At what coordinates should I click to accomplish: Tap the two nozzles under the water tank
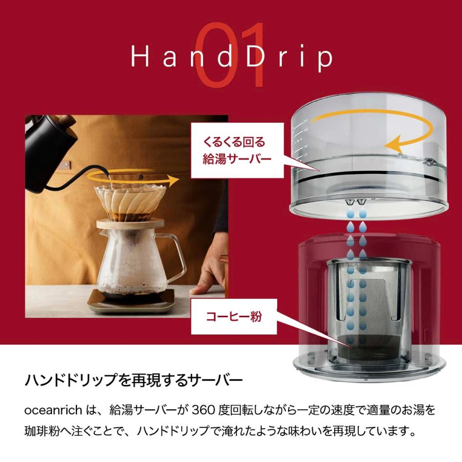355,200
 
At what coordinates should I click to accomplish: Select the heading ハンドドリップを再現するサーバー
133,382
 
